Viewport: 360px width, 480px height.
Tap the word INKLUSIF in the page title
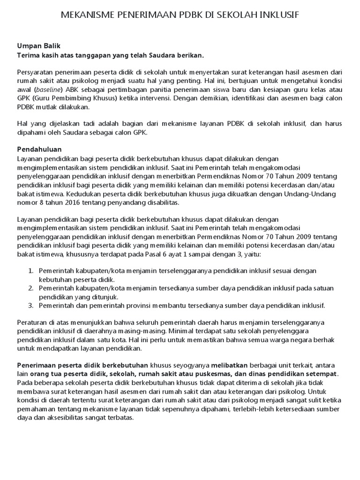(x=277, y=15)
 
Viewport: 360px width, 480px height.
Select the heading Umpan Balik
(x=39, y=46)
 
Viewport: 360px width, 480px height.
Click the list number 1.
(x=30, y=271)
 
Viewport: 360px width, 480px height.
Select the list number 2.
(x=30, y=288)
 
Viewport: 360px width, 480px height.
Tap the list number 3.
(x=30, y=306)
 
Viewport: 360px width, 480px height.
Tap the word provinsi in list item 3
(x=151, y=306)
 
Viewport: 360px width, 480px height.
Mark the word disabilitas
(x=160, y=202)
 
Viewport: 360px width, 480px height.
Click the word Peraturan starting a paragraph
(x=32, y=323)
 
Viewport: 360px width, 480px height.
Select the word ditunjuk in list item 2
(x=104, y=297)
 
